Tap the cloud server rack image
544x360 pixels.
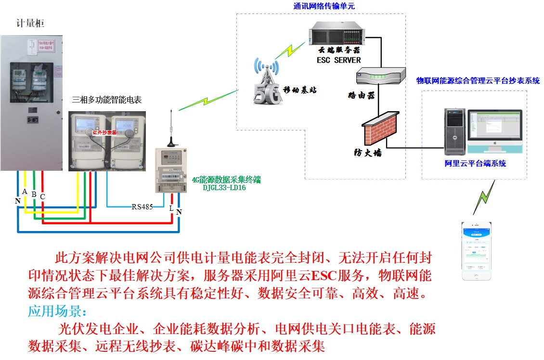337,33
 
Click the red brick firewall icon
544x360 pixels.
379,127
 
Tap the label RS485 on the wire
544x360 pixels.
142,207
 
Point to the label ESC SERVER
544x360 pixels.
338,60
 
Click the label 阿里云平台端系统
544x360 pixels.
475,164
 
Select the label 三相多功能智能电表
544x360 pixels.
107,100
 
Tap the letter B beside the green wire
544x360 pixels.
34,194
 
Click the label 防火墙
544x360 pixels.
365,154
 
